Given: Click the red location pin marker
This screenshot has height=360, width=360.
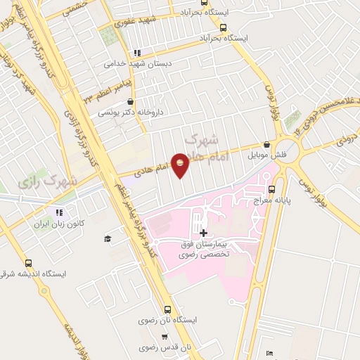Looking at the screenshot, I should (x=181, y=165).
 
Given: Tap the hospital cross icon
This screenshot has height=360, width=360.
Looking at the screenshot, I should (x=203, y=233).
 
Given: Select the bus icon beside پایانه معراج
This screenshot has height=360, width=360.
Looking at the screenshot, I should (x=272, y=188).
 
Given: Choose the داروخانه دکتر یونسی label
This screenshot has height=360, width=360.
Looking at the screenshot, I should (x=129, y=112).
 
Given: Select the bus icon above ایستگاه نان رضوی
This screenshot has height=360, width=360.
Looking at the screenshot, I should (x=167, y=309).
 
